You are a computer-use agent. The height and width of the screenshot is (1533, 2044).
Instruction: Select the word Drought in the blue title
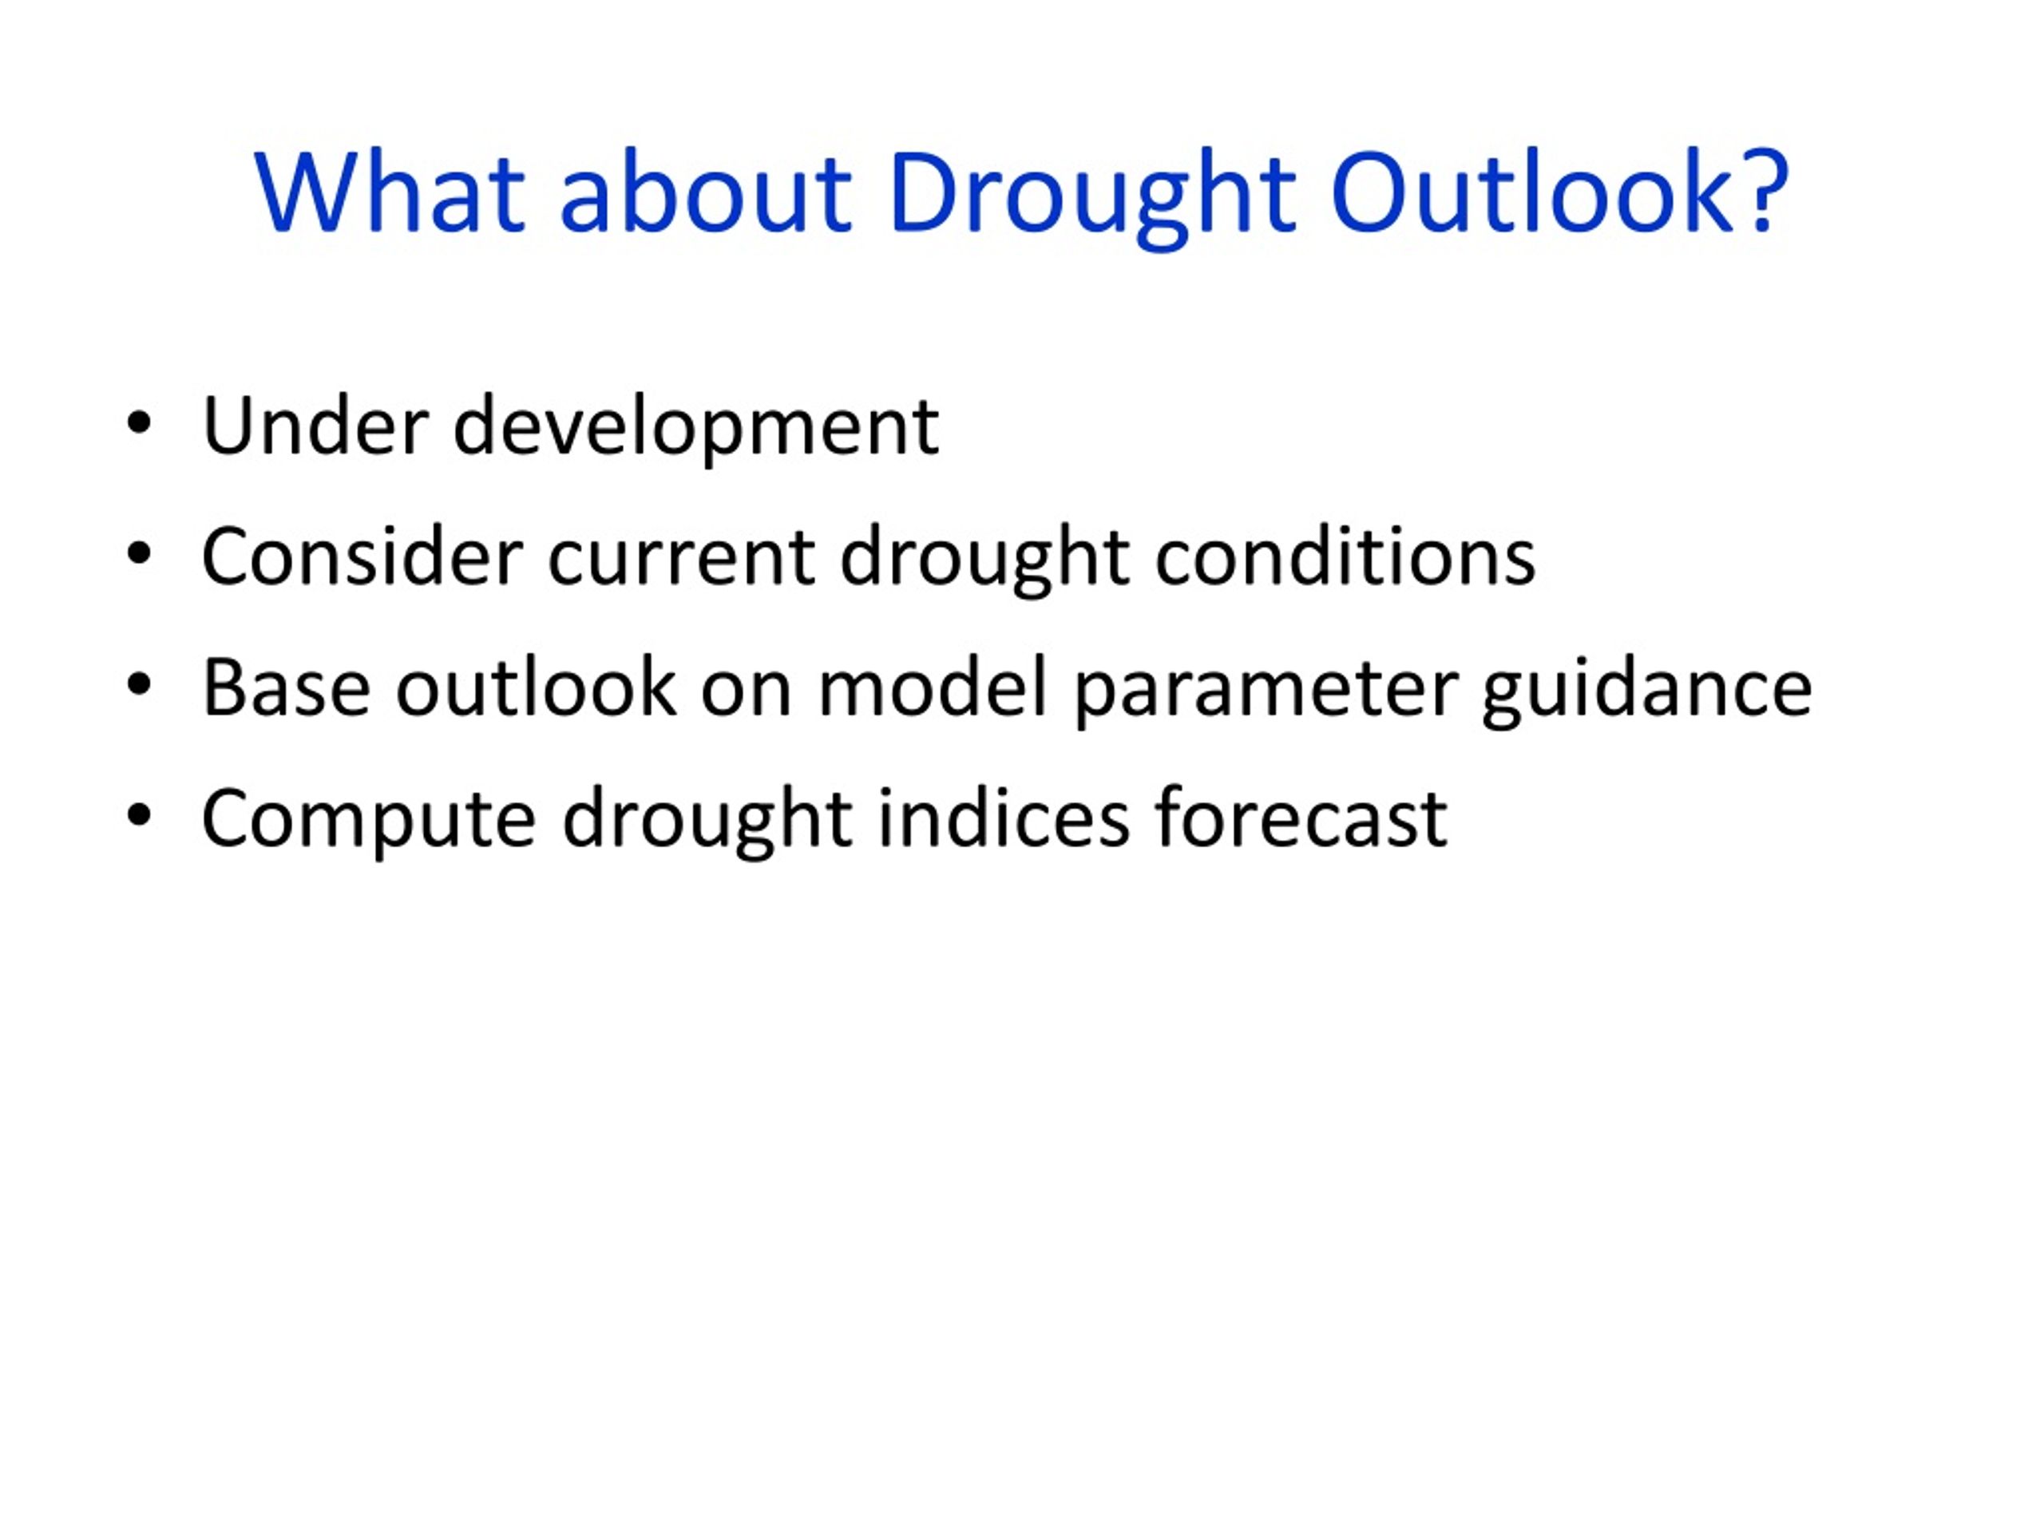click(x=1091, y=197)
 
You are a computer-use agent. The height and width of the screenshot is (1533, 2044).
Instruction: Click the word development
click(x=695, y=429)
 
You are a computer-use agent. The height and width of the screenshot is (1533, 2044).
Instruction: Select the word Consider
click(x=362, y=557)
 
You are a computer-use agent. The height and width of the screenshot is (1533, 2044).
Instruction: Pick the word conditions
click(x=1345, y=557)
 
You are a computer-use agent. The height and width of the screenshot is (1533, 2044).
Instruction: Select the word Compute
click(x=369, y=822)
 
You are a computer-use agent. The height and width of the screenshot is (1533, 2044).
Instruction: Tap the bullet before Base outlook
click(x=139, y=687)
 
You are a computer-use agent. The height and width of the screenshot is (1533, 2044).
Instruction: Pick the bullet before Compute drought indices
click(x=139, y=817)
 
